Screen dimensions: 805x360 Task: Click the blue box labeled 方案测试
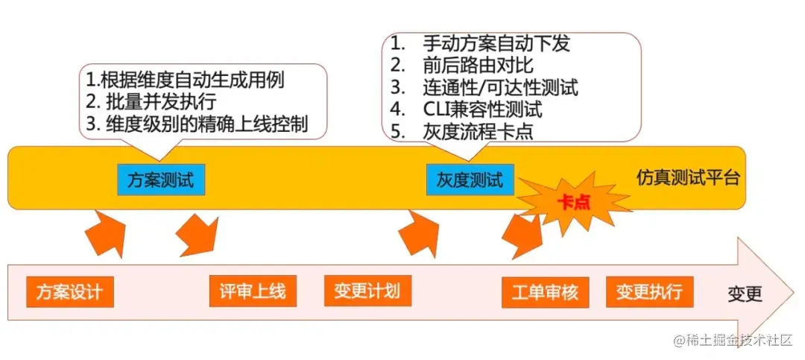[x=160, y=180]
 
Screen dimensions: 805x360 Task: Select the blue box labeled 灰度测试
[x=470, y=180]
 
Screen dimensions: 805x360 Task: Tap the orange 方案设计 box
[x=70, y=291]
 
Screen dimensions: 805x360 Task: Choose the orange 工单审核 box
[x=545, y=291]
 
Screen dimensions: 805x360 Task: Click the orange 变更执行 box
[x=649, y=291]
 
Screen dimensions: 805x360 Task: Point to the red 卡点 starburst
[x=573, y=202]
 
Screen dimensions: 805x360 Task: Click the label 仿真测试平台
[x=688, y=179]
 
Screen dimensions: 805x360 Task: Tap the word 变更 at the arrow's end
[x=745, y=294]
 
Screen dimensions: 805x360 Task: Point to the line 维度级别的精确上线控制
[x=197, y=124]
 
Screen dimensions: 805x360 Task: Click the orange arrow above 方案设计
[x=105, y=233]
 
